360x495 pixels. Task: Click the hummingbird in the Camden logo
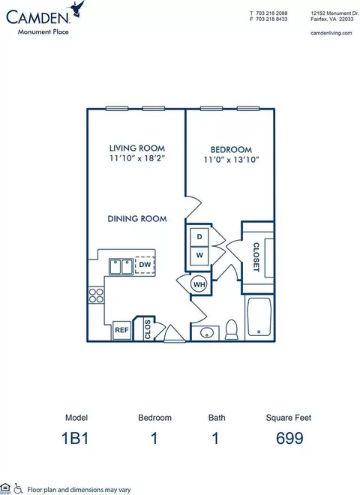click(x=76, y=8)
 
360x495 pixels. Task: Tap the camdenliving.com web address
click(x=331, y=33)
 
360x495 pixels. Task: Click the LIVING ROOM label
click(x=137, y=148)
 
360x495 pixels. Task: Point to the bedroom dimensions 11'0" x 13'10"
click(x=232, y=160)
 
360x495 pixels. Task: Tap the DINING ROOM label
click(x=137, y=218)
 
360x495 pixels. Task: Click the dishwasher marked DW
click(x=145, y=264)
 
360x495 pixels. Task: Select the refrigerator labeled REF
click(x=122, y=330)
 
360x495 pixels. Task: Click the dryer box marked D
click(x=199, y=238)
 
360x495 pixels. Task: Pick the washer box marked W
click(x=199, y=256)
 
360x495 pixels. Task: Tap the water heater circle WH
click(x=199, y=284)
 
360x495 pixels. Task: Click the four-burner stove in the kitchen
click(x=96, y=295)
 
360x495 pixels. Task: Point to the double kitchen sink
click(x=121, y=267)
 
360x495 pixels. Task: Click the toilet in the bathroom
click(x=232, y=330)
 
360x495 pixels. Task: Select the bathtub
click(x=259, y=316)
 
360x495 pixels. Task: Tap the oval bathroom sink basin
click(x=206, y=332)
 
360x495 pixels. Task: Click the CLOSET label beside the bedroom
click(x=256, y=257)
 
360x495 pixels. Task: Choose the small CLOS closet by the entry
click(x=147, y=329)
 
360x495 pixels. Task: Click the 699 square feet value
click(x=289, y=438)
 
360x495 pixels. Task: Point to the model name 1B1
click(x=75, y=438)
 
